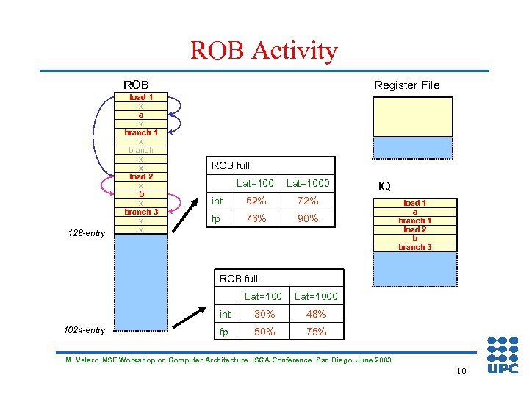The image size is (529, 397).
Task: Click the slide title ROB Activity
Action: point(264,51)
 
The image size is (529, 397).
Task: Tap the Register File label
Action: point(406,85)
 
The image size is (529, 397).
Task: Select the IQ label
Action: point(384,187)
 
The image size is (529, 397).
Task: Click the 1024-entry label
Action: point(85,330)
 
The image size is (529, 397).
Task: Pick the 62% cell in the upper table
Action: point(256,201)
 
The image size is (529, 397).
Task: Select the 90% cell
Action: point(308,218)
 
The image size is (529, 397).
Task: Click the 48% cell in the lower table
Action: point(316,314)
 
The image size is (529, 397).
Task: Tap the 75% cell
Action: point(316,332)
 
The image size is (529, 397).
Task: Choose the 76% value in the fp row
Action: point(256,218)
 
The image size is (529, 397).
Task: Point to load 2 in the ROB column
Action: point(141,176)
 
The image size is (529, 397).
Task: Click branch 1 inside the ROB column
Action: point(141,132)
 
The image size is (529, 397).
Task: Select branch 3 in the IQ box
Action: point(415,247)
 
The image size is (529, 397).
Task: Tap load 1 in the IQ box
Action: point(415,203)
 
